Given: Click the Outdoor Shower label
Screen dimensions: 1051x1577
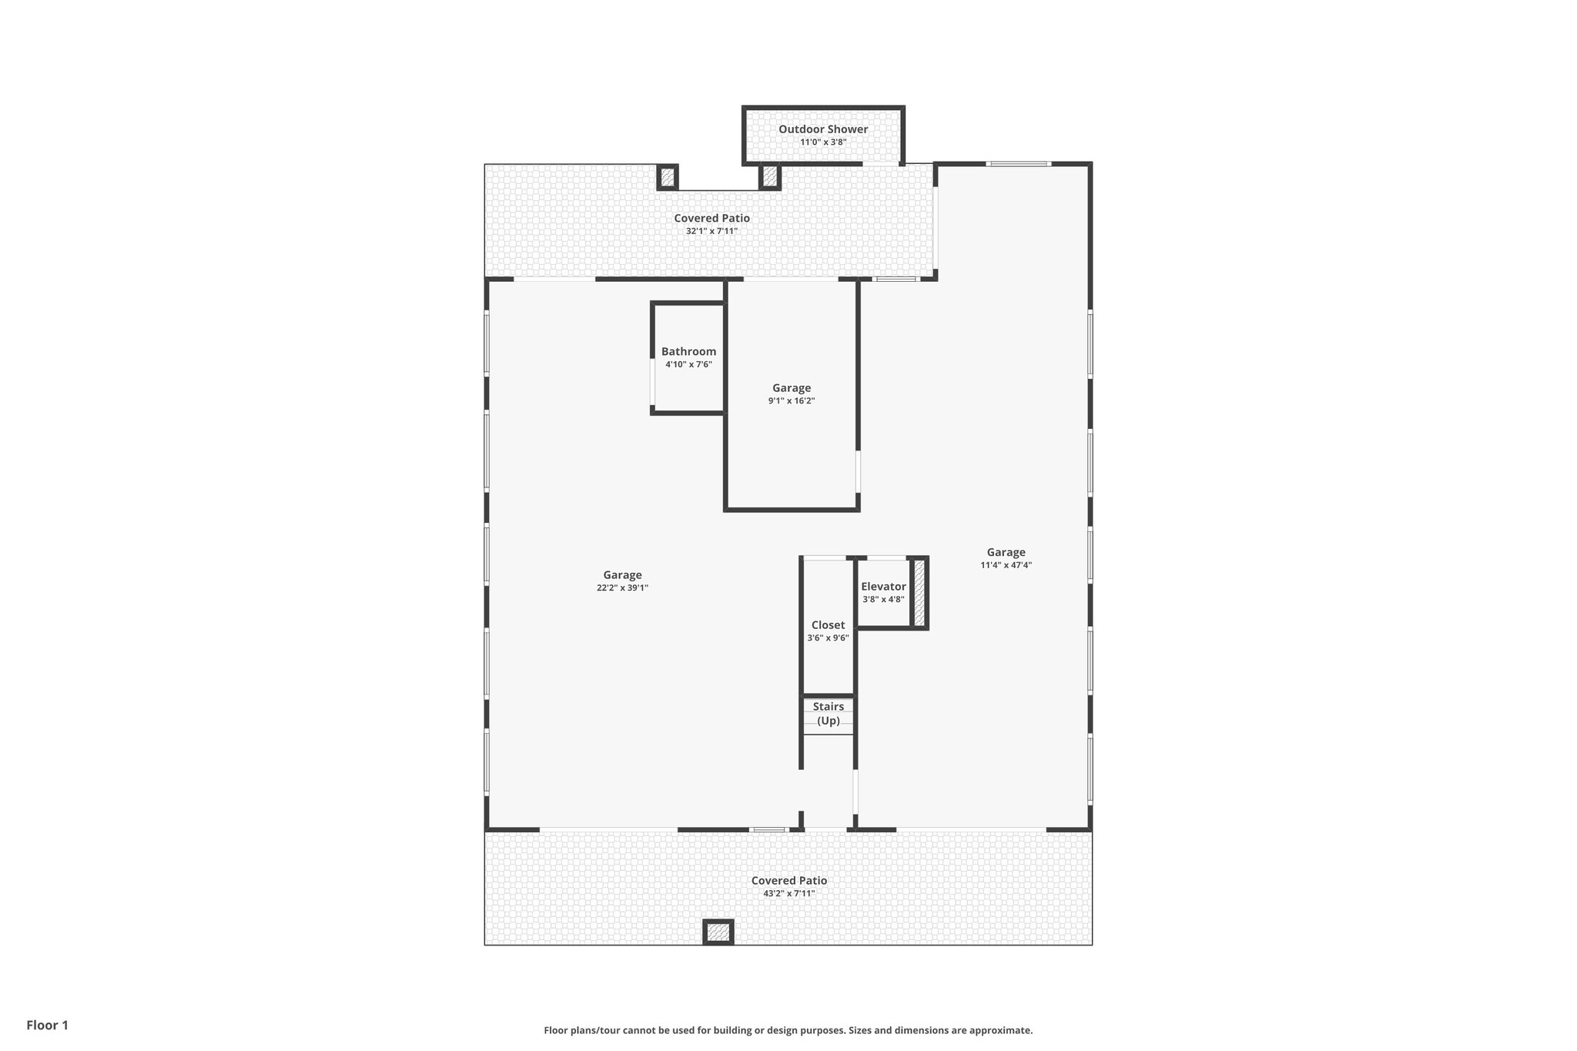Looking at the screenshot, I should click(x=822, y=129).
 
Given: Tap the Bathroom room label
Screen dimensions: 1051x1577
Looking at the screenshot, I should click(x=688, y=352).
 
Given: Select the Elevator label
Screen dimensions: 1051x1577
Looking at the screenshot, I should click(x=883, y=587).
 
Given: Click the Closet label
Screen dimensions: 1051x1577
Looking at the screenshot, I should click(x=828, y=625).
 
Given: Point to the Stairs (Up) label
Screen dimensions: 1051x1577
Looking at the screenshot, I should click(x=828, y=713).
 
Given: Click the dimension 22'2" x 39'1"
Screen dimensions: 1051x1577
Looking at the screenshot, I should click(x=622, y=587).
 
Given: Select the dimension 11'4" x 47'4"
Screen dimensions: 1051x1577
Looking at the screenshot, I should click(x=1006, y=565).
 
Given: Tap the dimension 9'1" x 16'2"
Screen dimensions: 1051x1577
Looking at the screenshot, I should click(x=791, y=401).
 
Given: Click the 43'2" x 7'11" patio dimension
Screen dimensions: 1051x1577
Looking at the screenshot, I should click(x=788, y=893).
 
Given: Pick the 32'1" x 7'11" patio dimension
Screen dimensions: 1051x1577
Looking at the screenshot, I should click(x=711, y=231).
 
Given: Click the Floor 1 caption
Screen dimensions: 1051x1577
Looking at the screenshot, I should click(x=47, y=1025).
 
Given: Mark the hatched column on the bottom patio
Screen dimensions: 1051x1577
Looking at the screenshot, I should click(x=718, y=932).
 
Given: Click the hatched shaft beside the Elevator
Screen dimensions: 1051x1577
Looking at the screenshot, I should click(x=919, y=593).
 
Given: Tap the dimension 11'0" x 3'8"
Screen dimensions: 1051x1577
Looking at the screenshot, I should click(x=822, y=142).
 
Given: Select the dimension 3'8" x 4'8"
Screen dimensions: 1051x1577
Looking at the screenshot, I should click(x=883, y=600).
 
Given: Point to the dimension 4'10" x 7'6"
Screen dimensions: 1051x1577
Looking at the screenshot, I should click(x=688, y=364).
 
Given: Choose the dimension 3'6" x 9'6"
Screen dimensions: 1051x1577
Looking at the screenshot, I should click(x=828, y=638).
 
